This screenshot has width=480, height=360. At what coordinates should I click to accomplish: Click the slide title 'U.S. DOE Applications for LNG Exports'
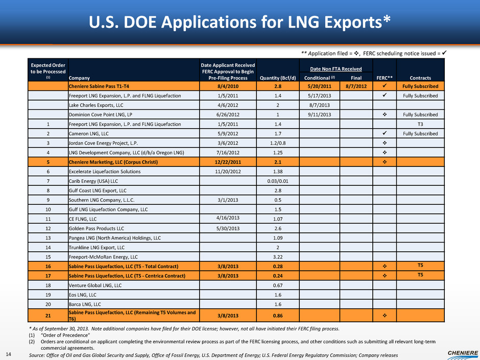pyautogui.click(x=239, y=21)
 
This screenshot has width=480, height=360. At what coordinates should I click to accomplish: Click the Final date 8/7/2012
pyautogui.click(x=356, y=86)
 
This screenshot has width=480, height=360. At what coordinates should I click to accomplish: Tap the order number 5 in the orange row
pyautogui.click(x=46, y=162)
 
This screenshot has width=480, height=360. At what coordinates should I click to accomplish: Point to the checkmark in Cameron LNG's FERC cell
pyautogui.click(x=385, y=133)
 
